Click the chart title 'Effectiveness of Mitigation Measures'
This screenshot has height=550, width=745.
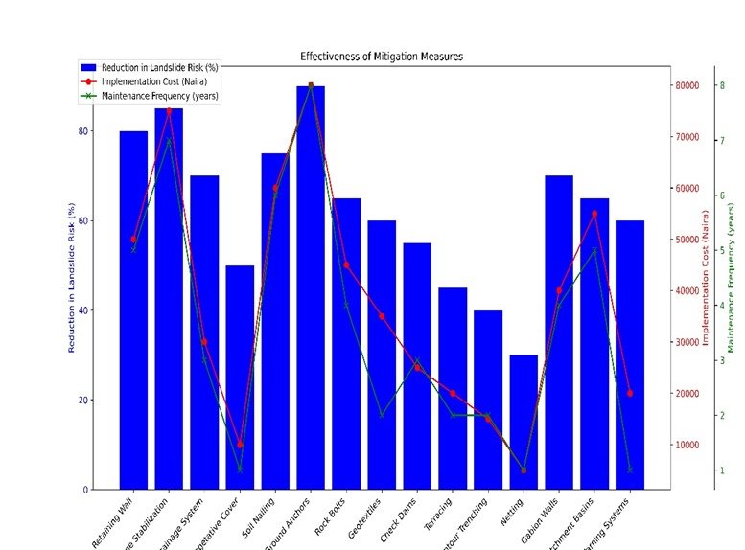tap(382, 57)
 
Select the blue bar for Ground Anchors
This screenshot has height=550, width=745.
tap(311, 287)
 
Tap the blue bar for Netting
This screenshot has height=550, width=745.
tap(524, 422)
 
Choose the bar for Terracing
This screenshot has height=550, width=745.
tap(453, 388)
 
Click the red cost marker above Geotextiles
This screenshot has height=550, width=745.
tap(382, 316)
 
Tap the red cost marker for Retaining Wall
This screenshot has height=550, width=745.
tap(133, 240)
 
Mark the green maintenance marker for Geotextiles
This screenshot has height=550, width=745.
tap(382, 416)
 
